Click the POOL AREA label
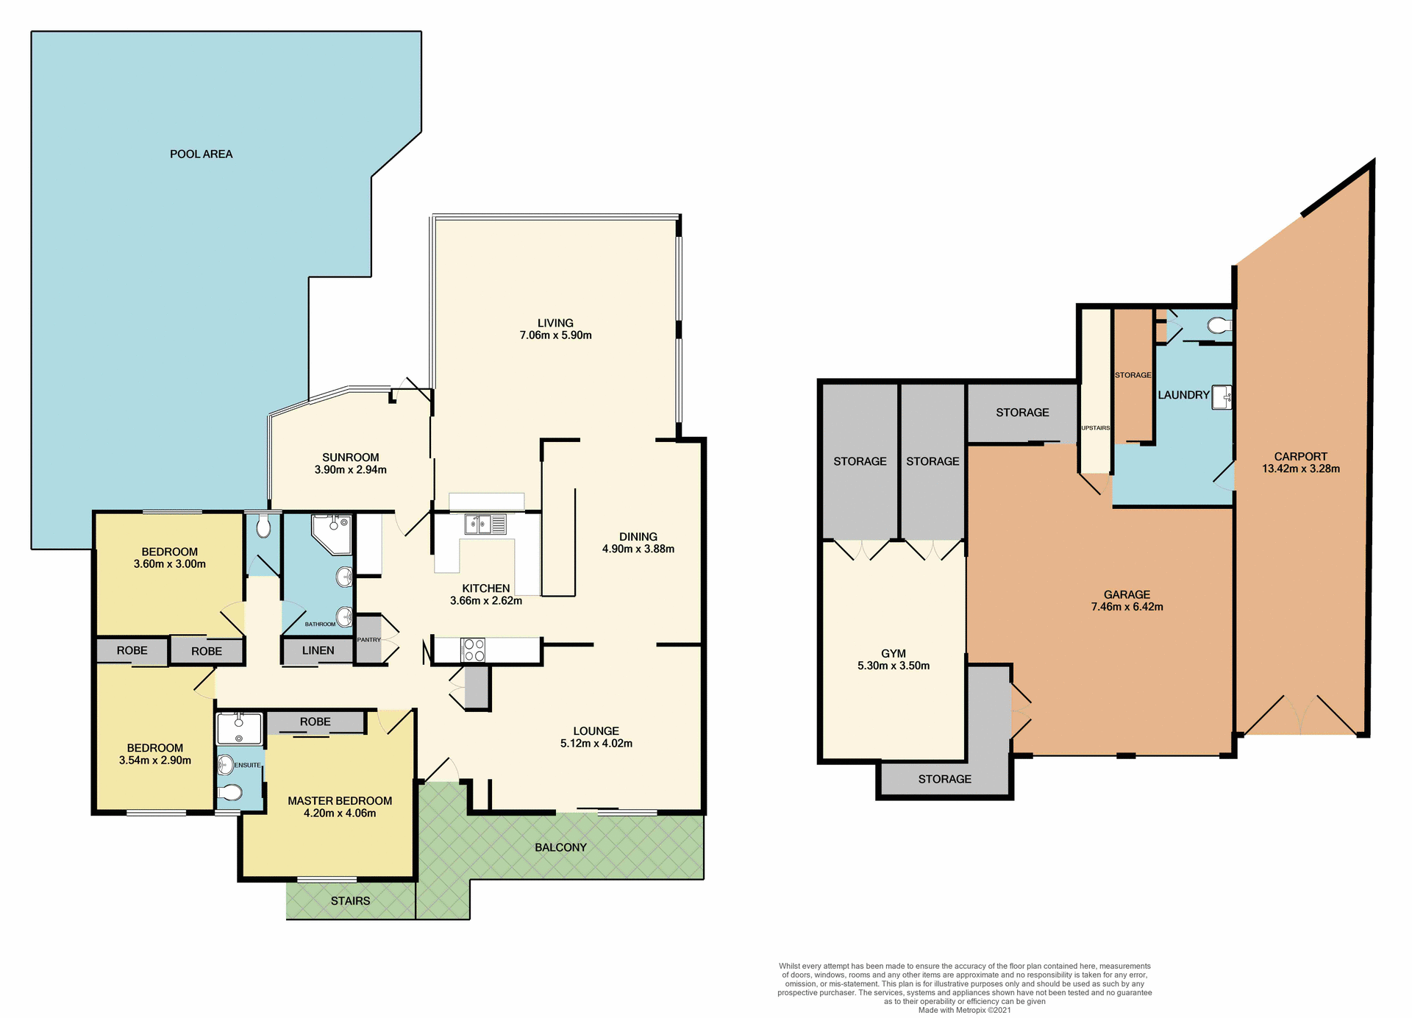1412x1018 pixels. coord(201,154)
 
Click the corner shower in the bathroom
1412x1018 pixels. coord(332,533)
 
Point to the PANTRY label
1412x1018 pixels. coord(368,640)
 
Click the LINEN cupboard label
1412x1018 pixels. coord(318,650)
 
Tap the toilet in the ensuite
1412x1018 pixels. coord(230,792)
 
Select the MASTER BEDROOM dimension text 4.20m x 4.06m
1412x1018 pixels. coord(340,814)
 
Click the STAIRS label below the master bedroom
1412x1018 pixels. coord(350,901)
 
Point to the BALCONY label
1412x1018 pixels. coord(560,847)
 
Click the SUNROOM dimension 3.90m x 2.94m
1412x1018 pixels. coord(350,469)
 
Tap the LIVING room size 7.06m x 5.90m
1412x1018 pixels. coord(555,335)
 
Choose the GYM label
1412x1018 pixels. coord(893,653)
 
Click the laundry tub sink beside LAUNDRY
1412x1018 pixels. coord(1222,396)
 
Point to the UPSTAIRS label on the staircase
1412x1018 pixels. coord(1095,428)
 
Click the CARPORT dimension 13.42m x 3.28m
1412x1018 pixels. coord(1300,469)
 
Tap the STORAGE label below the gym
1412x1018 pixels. coord(944,779)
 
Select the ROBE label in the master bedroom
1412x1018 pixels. coord(315,722)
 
